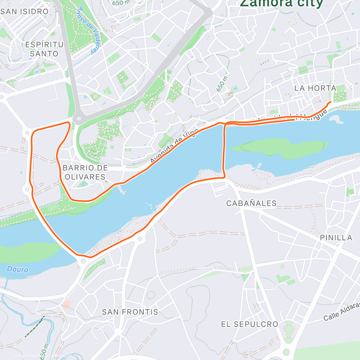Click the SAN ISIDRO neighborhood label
click(25, 11)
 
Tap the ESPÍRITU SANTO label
click(44, 49)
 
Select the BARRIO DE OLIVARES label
click(85, 172)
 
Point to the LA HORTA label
click(315, 88)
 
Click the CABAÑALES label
click(251, 203)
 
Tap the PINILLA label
click(336, 238)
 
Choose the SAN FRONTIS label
click(130, 312)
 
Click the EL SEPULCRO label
click(250, 324)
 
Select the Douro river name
click(18, 269)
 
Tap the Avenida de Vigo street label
click(174, 146)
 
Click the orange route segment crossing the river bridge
click(224, 150)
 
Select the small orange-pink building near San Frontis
click(66, 304)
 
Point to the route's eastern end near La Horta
click(330, 102)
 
